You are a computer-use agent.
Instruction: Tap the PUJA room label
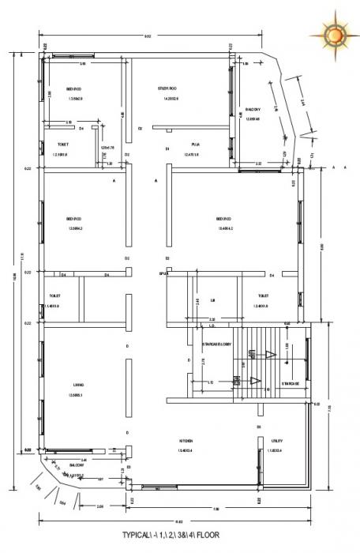195,145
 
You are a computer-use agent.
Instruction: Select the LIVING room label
77,385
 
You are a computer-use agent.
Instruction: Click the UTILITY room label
277,440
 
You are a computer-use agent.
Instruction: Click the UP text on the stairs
253,352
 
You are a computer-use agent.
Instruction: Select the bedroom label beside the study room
75,88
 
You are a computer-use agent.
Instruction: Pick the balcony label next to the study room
253,110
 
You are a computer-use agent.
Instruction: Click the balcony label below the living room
77,465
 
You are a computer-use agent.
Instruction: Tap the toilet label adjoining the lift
262,296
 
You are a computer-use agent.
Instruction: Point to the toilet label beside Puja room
62,145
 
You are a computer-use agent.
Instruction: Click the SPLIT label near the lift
164,274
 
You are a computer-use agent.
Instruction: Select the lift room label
212,300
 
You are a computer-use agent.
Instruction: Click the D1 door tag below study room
167,149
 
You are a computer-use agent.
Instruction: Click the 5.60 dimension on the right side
320,246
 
